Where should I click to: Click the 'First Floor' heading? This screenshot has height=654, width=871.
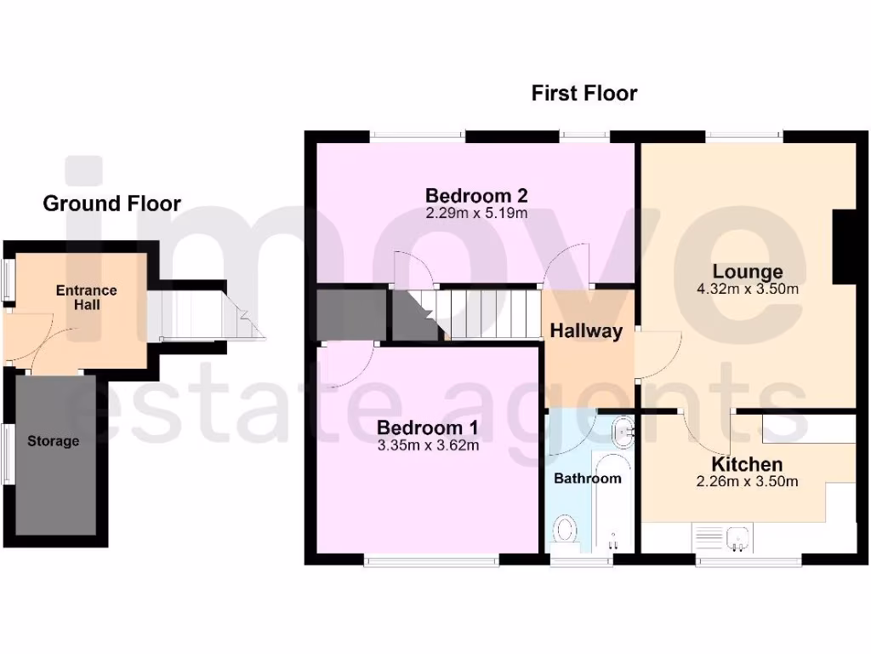tap(584, 93)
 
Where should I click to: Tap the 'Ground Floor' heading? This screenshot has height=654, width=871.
tap(111, 204)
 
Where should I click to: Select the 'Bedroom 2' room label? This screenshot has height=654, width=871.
tap(476, 195)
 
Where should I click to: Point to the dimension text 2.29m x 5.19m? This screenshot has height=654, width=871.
tap(476, 213)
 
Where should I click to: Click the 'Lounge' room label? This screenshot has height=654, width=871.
tap(747, 272)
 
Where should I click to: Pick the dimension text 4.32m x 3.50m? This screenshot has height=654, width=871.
tap(747, 290)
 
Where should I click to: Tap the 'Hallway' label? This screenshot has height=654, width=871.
tap(585, 331)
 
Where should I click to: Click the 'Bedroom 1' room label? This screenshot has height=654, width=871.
tap(428, 427)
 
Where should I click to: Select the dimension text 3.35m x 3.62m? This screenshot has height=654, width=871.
tap(428, 445)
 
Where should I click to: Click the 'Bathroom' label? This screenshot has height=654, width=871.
tap(587, 479)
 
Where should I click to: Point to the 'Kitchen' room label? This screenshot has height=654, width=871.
tap(747, 465)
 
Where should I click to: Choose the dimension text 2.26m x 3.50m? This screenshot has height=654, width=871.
tap(747, 482)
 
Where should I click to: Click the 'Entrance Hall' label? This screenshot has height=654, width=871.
tap(86, 297)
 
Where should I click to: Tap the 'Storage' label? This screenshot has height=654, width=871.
tap(53, 441)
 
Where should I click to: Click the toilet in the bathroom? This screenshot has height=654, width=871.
tap(564, 531)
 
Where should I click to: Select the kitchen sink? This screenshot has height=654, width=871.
tap(737, 536)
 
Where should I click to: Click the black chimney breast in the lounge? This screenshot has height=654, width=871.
tap(843, 245)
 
